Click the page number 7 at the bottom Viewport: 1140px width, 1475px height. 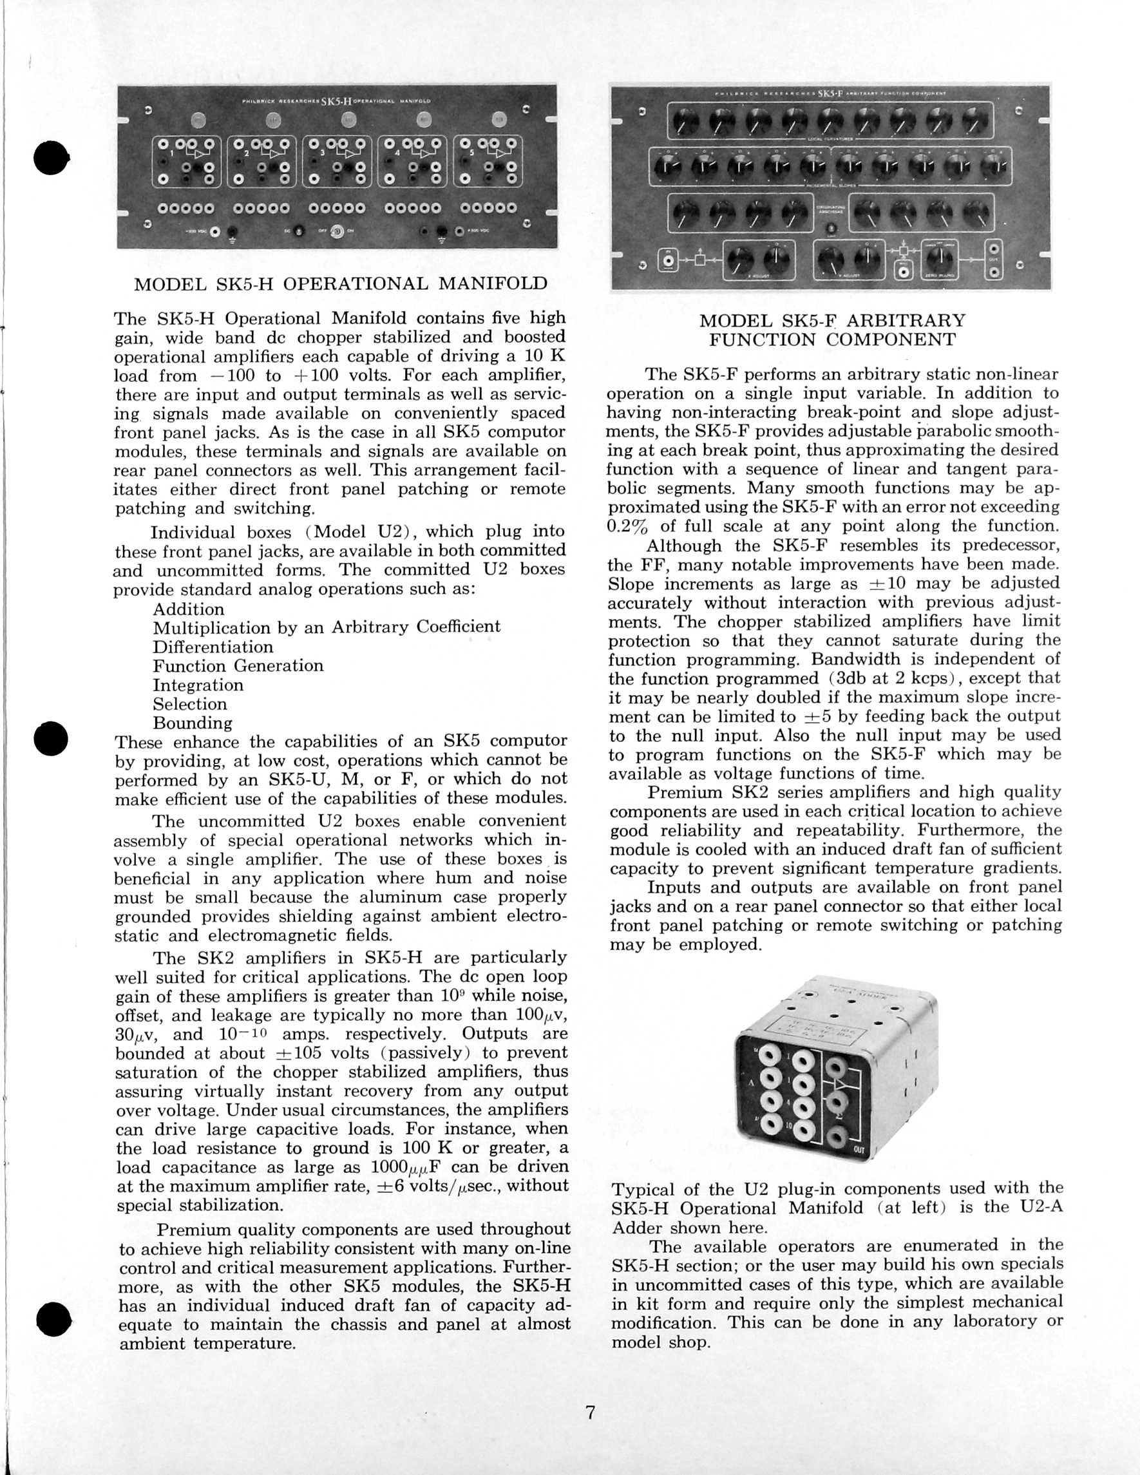tap(590, 1412)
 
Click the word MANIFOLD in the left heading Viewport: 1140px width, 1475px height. tap(492, 283)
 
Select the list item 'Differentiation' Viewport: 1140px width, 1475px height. tap(213, 647)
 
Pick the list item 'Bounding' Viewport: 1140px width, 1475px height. tap(193, 723)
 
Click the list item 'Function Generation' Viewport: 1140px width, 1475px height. tap(238, 666)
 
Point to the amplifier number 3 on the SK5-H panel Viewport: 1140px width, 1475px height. tap(322, 153)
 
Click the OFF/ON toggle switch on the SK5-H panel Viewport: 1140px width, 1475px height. tap(336, 232)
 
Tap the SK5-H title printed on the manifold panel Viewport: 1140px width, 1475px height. tap(336, 101)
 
